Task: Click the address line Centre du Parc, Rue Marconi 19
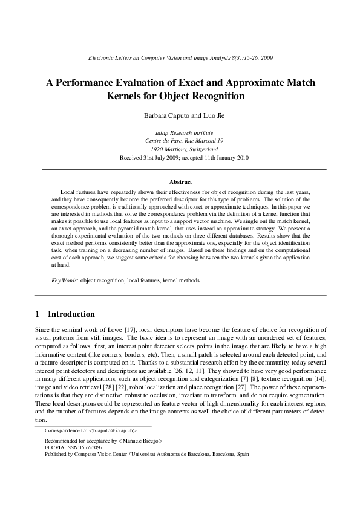[180, 140]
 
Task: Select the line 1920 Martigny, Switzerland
[180, 148]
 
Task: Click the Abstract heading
[180, 181]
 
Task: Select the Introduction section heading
[71, 314]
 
